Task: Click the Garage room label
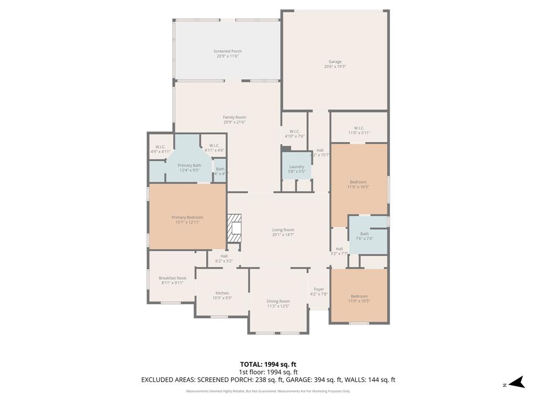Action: (x=335, y=62)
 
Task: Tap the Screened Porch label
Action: (x=228, y=51)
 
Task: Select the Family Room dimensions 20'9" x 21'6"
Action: (x=234, y=122)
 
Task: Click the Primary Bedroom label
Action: (x=187, y=217)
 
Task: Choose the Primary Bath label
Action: (x=189, y=165)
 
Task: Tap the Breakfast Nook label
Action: (x=172, y=278)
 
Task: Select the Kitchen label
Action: (x=222, y=293)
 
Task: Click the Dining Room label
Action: (x=278, y=301)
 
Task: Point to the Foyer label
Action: (x=319, y=289)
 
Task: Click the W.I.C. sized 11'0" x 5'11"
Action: (x=359, y=128)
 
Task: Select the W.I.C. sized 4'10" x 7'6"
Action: (x=294, y=131)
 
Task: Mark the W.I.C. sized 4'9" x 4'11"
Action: (x=160, y=147)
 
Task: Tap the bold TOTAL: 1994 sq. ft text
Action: (x=268, y=364)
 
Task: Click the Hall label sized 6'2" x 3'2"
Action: (x=224, y=256)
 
